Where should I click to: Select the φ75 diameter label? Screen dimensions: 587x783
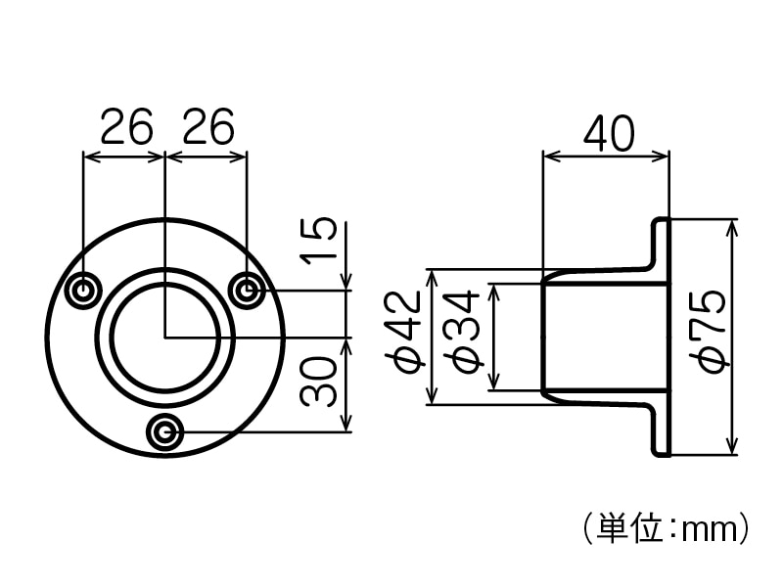[x=712, y=331]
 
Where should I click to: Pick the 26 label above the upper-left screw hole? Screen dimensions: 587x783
[x=125, y=127]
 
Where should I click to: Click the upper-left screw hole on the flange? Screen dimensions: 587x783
[x=84, y=290]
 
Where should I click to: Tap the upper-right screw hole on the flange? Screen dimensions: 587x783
[x=247, y=290]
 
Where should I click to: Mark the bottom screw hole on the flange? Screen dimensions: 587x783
[x=165, y=431]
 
